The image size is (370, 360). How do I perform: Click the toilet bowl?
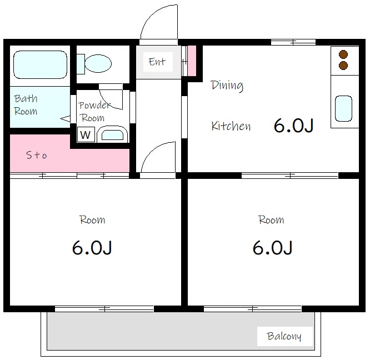(98, 63)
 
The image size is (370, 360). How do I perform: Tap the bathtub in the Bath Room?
(41, 64)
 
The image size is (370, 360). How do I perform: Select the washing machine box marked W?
(86, 134)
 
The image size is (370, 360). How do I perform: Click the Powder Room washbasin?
(112, 135)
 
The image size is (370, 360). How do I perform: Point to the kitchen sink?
(343, 108)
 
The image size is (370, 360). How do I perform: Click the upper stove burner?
(343, 54)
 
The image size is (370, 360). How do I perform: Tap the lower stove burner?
(343, 65)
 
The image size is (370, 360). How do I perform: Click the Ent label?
(157, 62)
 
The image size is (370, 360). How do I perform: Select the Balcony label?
(284, 336)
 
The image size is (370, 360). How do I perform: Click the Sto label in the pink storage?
(37, 155)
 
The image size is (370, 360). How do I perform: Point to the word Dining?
(227, 86)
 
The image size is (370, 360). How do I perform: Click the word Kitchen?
(231, 126)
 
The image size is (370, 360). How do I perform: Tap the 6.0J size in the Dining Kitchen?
(293, 126)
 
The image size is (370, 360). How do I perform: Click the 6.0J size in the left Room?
(92, 247)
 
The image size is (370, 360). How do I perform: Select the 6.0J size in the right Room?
(273, 247)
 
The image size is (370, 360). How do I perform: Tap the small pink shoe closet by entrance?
(192, 61)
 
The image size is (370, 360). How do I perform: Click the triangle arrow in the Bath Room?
(66, 119)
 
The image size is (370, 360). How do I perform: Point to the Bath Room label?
(26, 105)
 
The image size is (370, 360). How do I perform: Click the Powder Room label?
(94, 112)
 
